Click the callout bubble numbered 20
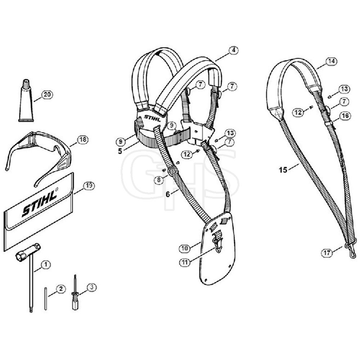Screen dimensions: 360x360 [47, 95]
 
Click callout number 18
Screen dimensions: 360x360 [82, 139]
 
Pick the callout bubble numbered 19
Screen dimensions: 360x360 [89, 185]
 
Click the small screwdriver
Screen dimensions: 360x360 [75, 292]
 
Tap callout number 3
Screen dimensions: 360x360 [91, 287]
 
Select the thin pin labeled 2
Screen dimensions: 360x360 [46, 298]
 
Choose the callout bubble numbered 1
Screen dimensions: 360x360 [46, 265]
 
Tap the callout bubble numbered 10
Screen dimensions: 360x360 [185, 248]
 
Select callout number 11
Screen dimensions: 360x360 [185, 262]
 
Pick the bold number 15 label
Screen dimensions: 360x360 [283, 170]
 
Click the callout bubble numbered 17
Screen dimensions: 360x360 [327, 253]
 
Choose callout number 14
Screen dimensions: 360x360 [332, 61]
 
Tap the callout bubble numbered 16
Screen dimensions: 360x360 [345, 116]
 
